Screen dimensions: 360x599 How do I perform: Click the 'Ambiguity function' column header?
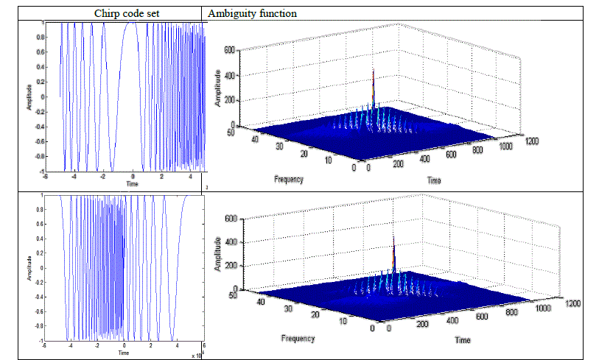253,13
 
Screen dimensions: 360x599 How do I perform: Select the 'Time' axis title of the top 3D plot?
434,180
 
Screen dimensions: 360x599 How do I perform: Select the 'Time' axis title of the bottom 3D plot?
461,341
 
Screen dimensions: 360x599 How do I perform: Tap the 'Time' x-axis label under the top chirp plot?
132,183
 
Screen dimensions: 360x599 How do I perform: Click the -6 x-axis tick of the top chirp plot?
44,177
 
